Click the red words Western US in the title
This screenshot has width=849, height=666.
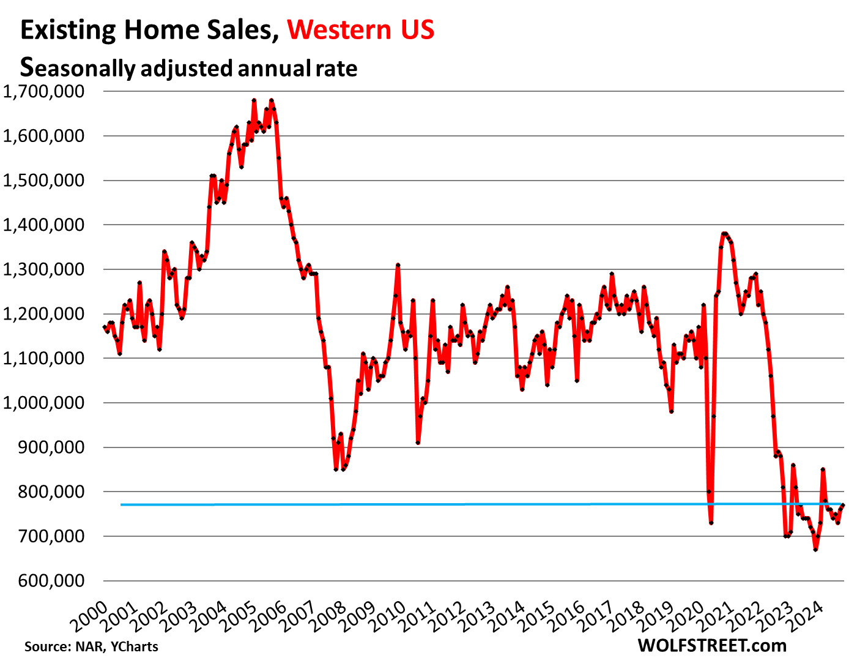click(361, 29)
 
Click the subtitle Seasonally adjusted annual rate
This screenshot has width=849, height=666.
click(188, 67)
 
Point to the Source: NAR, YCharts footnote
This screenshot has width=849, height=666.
click(91, 646)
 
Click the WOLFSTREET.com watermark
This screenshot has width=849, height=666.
click(712, 645)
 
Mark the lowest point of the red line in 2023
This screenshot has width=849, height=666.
click(815, 550)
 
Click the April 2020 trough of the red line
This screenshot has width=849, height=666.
click(711, 523)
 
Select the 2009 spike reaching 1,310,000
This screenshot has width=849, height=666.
click(398, 265)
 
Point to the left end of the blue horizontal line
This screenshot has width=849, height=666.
click(122, 504)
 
